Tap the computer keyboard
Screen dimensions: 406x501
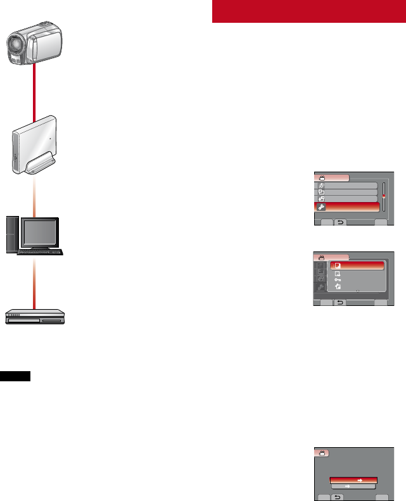(x=41, y=252)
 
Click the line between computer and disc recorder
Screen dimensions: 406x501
(x=33, y=279)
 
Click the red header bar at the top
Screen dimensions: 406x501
(x=308, y=11)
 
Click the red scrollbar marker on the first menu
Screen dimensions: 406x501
(x=383, y=197)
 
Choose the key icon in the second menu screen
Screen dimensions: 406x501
(x=338, y=279)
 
